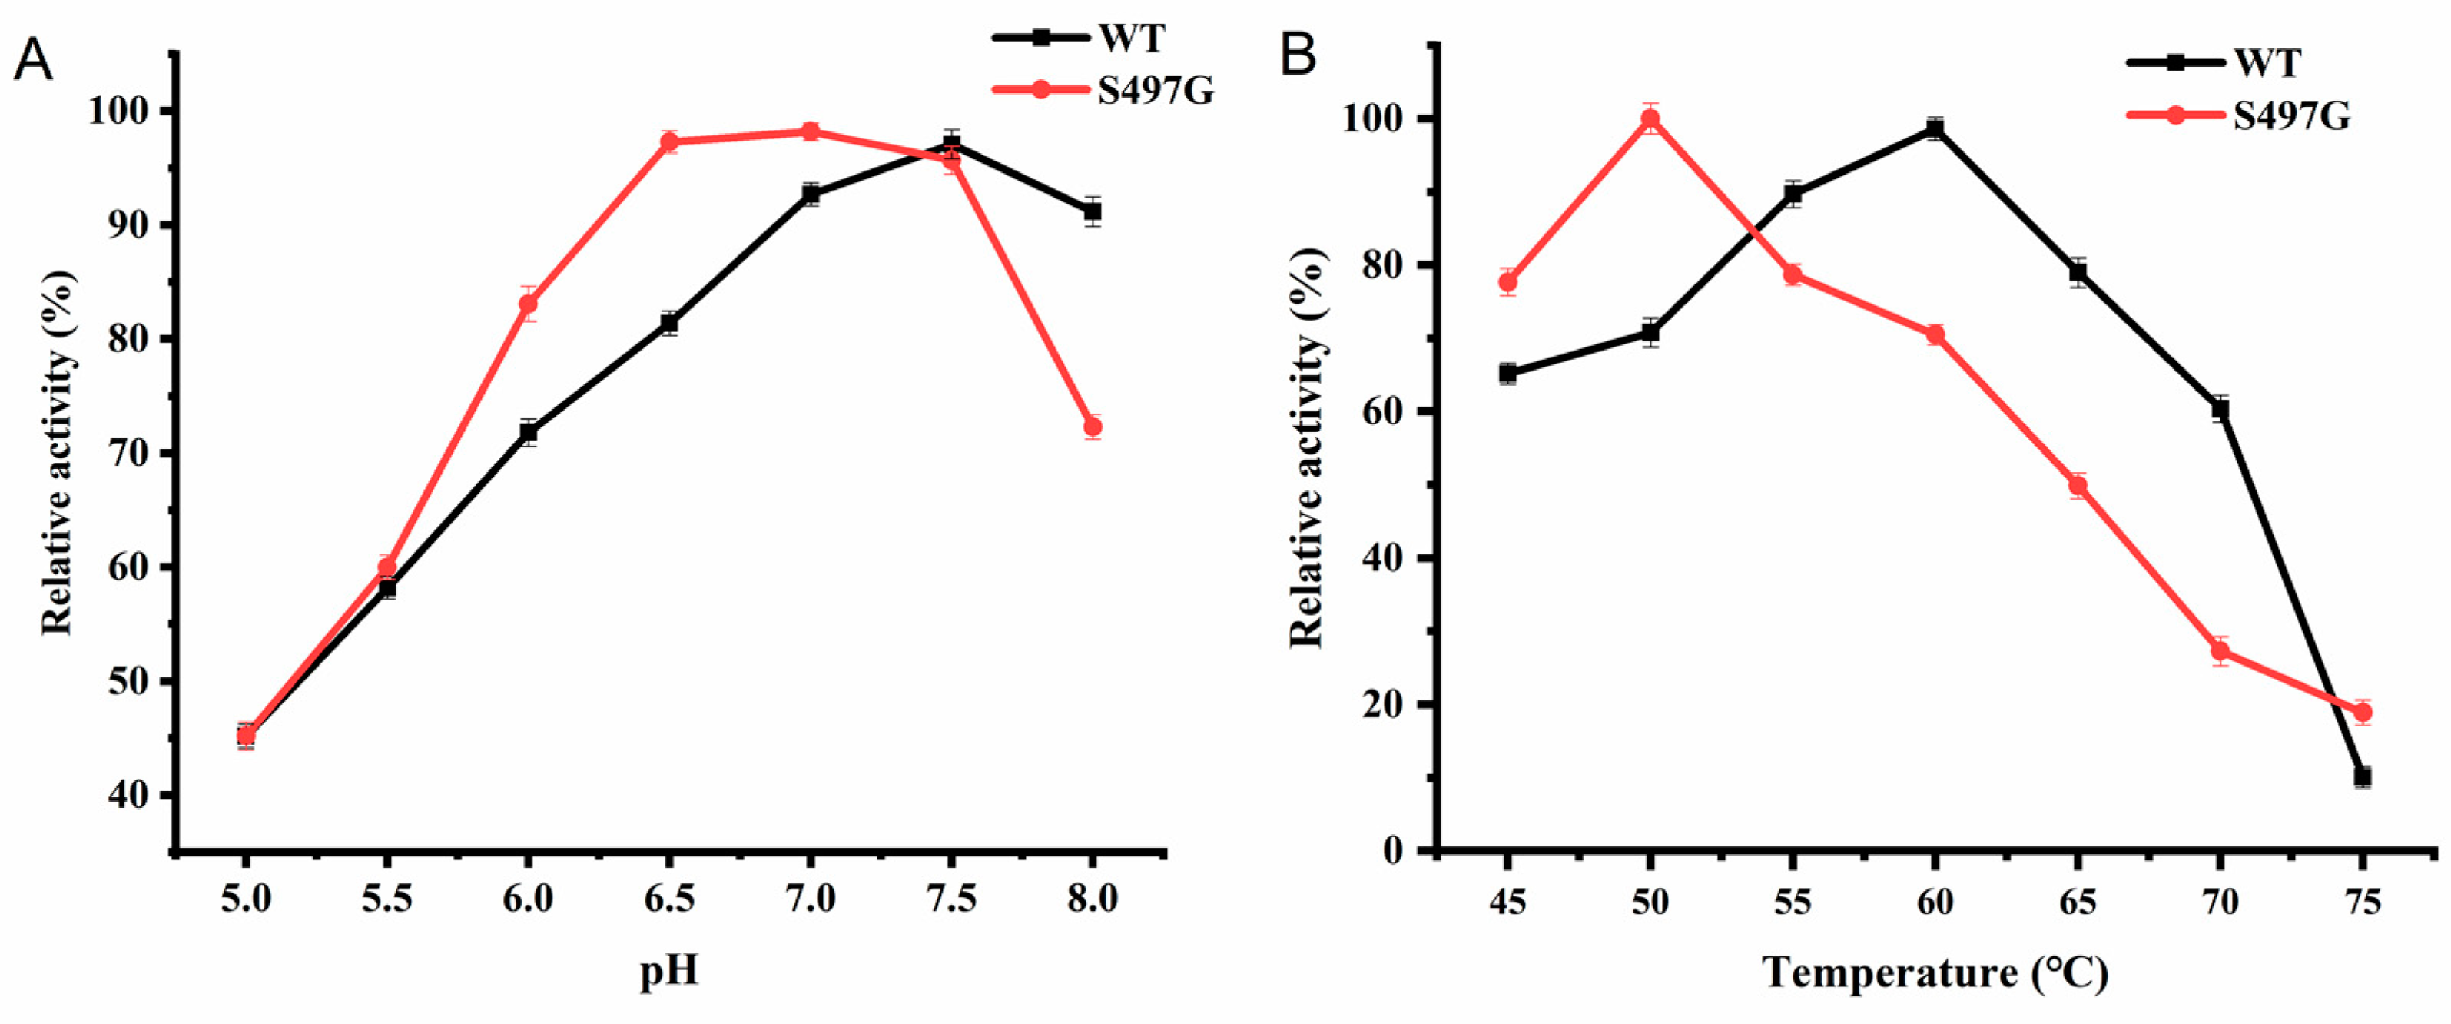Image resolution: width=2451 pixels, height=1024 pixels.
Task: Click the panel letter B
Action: [x=1298, y=56]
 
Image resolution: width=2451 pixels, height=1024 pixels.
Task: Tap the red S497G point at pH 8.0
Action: [x=1093, y=427]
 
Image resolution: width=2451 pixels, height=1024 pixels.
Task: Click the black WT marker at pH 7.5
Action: [x=950, y=144]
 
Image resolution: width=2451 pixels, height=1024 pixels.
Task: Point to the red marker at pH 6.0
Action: [x=528, y=304]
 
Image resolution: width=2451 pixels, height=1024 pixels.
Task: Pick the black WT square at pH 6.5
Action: [x=669, y=324]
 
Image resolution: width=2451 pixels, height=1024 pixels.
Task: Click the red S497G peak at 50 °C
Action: [x=1650, y=119]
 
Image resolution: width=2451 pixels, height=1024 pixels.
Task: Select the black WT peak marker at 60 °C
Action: [x=1935, y=129]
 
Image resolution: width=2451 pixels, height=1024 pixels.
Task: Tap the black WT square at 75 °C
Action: [x=2362, y=776]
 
